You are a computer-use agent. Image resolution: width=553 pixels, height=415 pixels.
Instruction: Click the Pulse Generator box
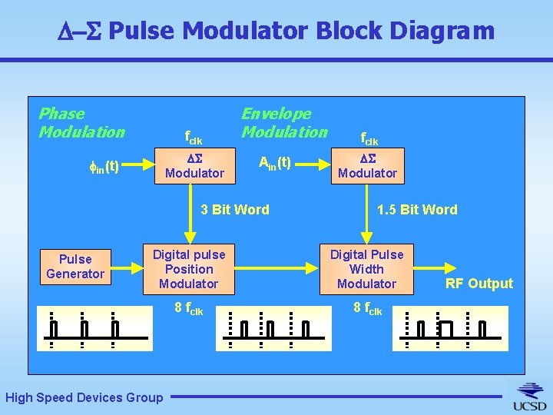pos(75,267)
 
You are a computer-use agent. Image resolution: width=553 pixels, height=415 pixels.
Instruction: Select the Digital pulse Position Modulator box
pos(189,269)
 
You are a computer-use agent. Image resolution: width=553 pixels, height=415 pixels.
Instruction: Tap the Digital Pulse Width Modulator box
pos(366,269)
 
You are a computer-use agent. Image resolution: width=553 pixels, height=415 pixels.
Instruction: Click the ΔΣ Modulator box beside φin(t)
pos(195,166)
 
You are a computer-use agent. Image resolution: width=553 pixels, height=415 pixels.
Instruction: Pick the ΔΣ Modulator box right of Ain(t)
pos(367,166)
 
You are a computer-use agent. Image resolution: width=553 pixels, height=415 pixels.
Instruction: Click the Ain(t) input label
pos(275,163)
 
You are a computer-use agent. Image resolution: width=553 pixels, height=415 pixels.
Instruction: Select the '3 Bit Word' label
pos(234,210)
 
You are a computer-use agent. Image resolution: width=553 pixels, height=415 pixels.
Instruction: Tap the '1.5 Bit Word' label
pos(417,210)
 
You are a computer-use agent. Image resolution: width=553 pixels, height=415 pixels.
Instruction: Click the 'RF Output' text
pos(479,284)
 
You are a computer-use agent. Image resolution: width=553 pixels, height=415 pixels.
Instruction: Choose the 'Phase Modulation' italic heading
pos(81,123)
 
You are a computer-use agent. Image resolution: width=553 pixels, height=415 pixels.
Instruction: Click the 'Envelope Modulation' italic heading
pos(284,123)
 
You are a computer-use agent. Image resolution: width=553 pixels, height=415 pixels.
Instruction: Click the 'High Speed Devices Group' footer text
pos(84,397)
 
